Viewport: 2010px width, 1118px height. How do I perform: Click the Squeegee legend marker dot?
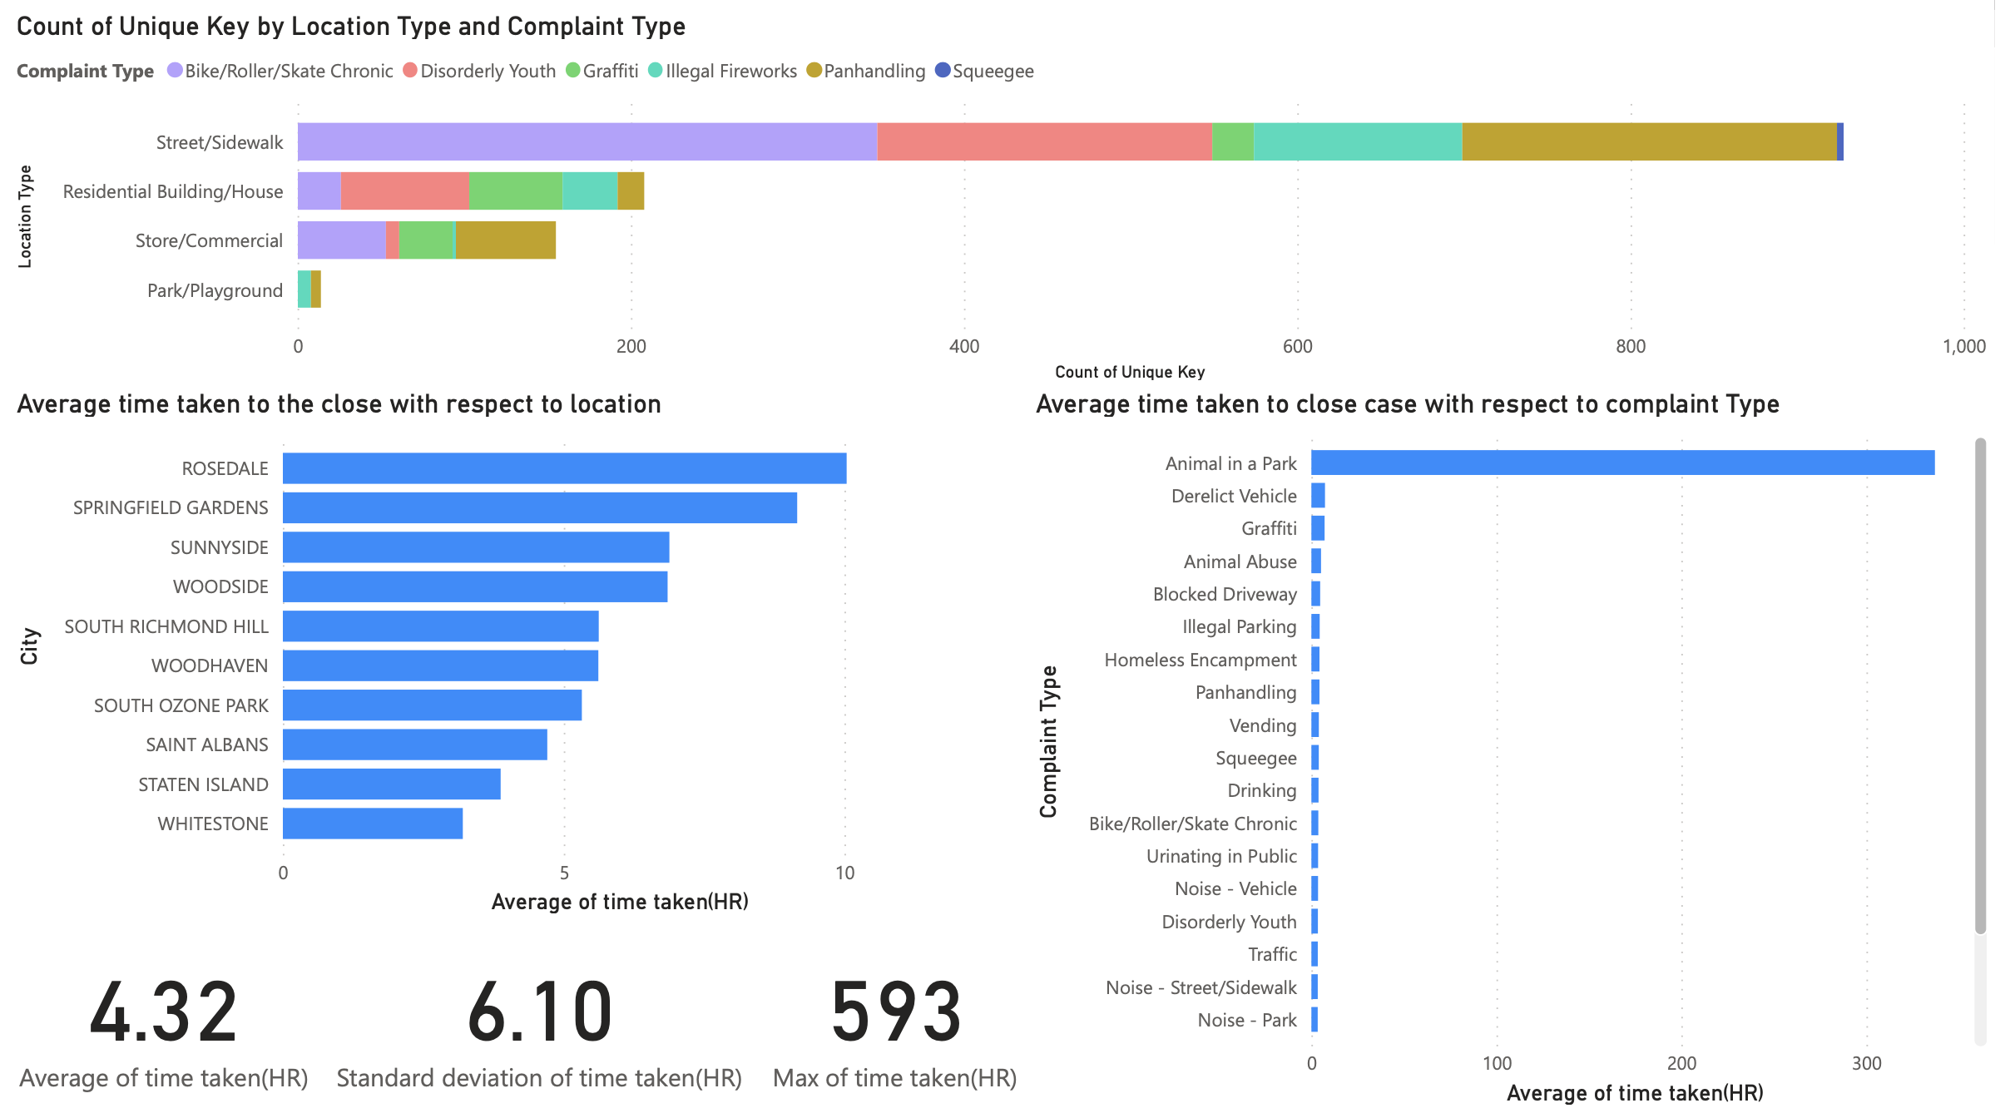coord(943,71)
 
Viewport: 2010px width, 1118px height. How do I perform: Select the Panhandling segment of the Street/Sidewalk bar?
coord(1649,141)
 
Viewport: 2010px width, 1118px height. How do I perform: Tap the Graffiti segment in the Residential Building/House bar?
coord(515,191)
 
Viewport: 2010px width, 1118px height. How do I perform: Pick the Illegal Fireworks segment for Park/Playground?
coord(304,289)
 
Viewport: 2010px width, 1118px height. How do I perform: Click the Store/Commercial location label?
coord(209,241)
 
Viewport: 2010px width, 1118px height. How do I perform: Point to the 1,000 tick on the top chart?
coord(1963,347)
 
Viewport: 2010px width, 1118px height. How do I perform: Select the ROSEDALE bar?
coord(564,468)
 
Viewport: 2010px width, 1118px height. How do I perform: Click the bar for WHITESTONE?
coord(373,824)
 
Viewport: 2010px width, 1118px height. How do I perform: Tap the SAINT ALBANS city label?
coord(207,745)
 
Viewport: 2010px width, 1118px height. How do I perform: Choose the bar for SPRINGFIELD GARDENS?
coord(539,507)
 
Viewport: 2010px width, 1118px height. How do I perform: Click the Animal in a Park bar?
coord(1622,463)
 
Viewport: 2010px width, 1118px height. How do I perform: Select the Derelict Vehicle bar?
coord(1318,496)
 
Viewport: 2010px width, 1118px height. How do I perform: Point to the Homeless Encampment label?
coord(1200,660)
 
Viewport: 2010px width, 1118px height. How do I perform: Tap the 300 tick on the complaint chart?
coord(1866,1063)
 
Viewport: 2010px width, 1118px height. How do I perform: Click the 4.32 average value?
coord(164,1012)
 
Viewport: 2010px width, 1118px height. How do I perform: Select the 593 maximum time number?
coord(896,1012)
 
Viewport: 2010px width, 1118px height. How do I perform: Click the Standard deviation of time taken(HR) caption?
coord(539,1078)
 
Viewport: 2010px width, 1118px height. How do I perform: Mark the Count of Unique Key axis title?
coord(1130,372)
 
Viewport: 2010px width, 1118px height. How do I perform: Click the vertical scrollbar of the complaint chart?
coord(1980,686)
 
